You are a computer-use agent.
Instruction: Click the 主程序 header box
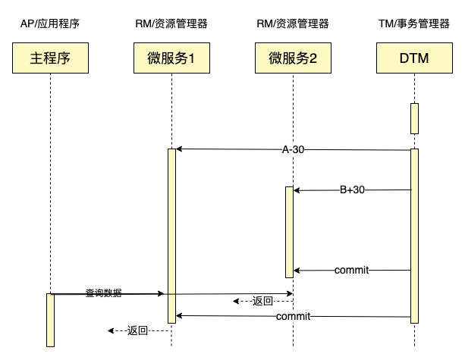click(x=50, y=58)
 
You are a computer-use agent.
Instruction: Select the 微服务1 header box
click(x=171, y=58)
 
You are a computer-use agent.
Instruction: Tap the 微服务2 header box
click(x=293, y=58)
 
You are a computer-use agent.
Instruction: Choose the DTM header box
click(x=414, y=58)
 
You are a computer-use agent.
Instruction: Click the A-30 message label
click(x=293, y=150)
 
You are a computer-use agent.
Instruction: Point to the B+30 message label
click(x=352, y=190)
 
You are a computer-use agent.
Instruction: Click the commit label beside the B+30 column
click(x=351, y=270)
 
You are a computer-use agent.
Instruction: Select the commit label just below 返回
click(x=293, y=316)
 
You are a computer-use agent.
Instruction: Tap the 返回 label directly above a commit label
click(x=262, y=301)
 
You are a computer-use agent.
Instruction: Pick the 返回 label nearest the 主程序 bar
click(x=137, y=330)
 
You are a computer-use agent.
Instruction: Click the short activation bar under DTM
click(x=415, y=118)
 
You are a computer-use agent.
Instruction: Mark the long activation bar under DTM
click(x=415, y=235)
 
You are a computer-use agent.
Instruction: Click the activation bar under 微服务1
click(x=171, y=235)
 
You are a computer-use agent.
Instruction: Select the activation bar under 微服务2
click(x=289, y=232)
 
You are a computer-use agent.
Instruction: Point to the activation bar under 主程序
click(x=51, y=320)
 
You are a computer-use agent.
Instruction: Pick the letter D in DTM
click(x=402, y=58)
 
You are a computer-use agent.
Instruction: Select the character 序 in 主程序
click(x=64, y=58)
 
